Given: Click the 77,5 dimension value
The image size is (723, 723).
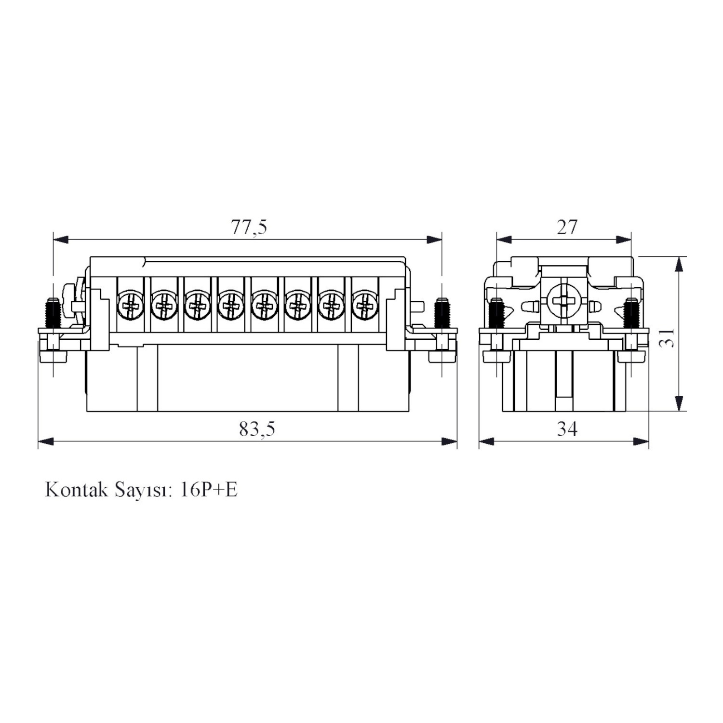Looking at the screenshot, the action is pos(249,227).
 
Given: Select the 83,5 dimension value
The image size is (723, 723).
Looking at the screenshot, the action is pos(257,428).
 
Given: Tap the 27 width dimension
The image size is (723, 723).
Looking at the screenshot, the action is pos(567,227).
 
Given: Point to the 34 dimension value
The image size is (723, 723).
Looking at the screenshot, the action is pos(567,428).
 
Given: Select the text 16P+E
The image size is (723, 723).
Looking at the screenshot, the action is pos(208,490).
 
